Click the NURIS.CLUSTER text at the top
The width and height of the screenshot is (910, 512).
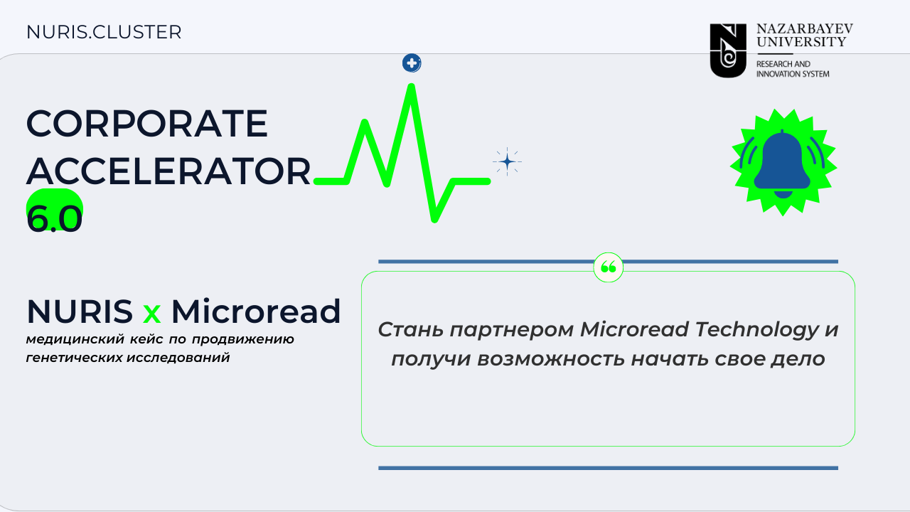[104, 32]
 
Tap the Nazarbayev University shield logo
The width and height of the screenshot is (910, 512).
[728, 50]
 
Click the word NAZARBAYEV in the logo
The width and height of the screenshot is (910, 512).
[804, 28]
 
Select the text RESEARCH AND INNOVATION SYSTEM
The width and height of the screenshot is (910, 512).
[793, 69]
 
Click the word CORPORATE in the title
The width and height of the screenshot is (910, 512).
[147, 124]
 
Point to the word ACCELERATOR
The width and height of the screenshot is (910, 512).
[168, 171]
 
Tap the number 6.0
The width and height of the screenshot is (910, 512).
[55, 218]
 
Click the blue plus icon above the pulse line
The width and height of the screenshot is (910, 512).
[412, 63]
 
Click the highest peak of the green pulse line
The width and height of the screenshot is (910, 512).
[411, 85]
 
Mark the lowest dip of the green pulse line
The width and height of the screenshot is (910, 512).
[434, 220]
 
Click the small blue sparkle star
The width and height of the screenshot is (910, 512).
[507, 161]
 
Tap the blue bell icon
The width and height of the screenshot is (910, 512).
[783, 164]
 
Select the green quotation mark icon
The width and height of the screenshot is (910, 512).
[608, 267]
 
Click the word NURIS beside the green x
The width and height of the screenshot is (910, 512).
[80, 311]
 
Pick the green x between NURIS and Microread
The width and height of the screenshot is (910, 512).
[152, 314]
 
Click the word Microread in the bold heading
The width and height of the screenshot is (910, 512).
[256, 311]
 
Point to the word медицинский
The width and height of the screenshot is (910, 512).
[75, 339]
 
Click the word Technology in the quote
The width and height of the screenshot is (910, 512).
[757, 329]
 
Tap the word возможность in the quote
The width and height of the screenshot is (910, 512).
[551, 359]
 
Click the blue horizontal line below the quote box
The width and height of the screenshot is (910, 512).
[608, 468]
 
